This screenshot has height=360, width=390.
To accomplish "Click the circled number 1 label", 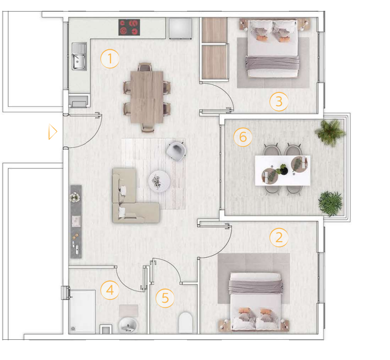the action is [x=109, y=59].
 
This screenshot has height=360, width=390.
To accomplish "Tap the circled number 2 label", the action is [x=279, y=237].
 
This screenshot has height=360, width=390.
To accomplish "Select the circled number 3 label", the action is [x=279, y=101].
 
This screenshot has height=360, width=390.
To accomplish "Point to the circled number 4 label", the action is [x=110, y=290].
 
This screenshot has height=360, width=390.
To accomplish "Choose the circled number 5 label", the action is [x=165, y=298].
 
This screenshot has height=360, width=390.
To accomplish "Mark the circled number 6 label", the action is [x=243, y=137].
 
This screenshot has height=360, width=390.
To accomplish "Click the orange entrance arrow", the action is [x=53, y=132].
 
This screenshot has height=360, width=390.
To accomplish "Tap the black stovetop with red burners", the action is [x=129, y=27].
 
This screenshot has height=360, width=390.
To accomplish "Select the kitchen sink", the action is [x=79, y=57].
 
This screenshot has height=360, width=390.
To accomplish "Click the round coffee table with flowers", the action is [x=159, y=181].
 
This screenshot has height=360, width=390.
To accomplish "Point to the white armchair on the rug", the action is [x=176, y=151].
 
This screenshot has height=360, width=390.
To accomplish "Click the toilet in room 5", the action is [x=186, y=322].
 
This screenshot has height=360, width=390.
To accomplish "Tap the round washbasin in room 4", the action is [x=128, y=325].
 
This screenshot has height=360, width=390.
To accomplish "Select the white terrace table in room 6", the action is [x=282, y=170].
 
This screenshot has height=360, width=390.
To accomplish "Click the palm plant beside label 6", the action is [x=330, y=132].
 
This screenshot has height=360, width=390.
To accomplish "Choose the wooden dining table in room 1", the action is [x=147, y=97].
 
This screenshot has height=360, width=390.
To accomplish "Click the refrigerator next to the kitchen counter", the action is [x=180, y=28].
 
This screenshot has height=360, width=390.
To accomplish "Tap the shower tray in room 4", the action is [x=82, y=311].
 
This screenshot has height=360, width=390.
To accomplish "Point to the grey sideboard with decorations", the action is [x=76, y=222].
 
